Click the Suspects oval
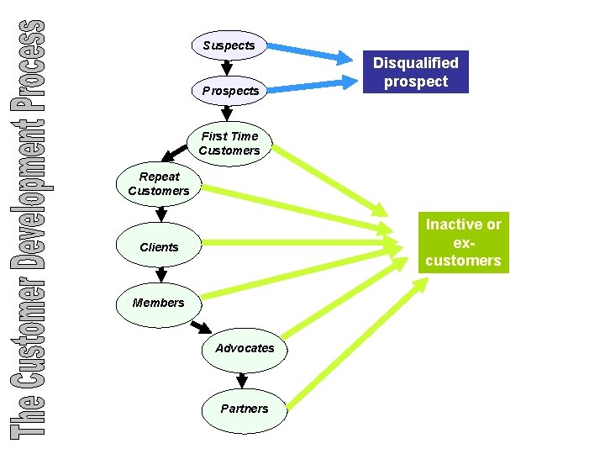tap(229, 45)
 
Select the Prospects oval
tap(230, 90)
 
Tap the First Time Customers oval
tap(229, 143)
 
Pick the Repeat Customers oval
tap(159, 183)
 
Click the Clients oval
tap(159, 247)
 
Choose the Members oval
tap(158, 303)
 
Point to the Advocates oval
tap(245, 348)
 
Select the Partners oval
tap(245, 409)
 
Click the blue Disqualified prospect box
tap(416, 72)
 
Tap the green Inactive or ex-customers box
tap(463, 242)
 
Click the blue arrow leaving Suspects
tap(307, 51)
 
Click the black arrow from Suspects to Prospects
tap(226, 67)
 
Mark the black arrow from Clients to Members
tap(160, 275)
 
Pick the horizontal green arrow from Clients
tap(302, 244)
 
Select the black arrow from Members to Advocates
tap(200, 325)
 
